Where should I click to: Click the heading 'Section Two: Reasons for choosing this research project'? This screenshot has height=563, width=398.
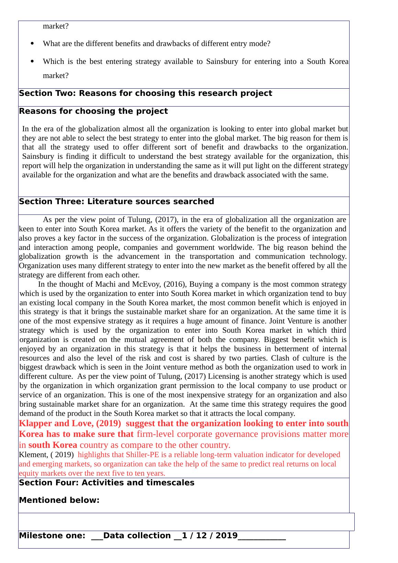tap(145, 93)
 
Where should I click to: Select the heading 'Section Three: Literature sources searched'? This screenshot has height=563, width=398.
tap(117, 202)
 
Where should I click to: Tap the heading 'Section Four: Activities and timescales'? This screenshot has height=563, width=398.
tap(107, 483)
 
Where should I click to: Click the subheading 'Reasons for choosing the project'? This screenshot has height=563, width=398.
tap(93, 111)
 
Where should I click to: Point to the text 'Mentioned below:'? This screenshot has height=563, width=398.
tap(59, 500)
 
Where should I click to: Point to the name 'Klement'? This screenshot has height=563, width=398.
tap(33, 455)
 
